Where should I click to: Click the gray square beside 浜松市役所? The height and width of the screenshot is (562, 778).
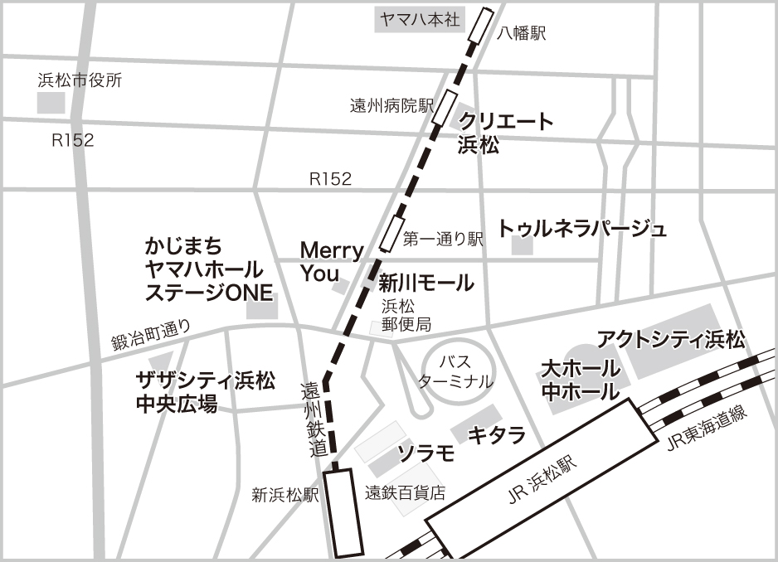pos(51,103)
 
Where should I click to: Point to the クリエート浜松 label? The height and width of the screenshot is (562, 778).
pos(505,133)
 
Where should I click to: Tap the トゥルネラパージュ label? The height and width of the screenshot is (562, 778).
pos(582,229)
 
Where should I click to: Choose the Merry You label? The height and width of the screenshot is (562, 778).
pos(331,261)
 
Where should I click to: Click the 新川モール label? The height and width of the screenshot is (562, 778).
pos(426,283)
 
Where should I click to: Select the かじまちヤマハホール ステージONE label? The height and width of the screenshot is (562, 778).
pos(204,269)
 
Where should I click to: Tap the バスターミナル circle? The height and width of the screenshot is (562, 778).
pos(455,371)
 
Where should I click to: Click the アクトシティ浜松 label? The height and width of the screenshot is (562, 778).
pos(672,339)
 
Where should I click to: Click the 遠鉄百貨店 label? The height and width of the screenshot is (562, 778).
pos(406,492)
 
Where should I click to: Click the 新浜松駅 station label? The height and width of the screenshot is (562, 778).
pos(285,496)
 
